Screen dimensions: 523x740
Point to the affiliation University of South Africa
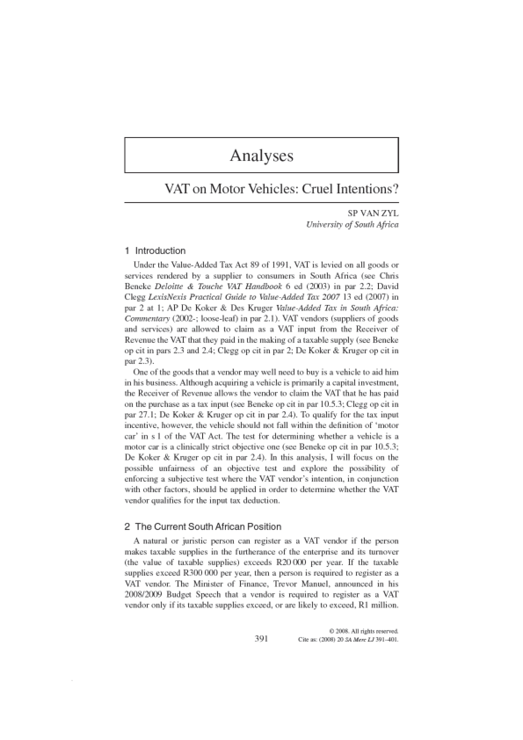coord(352,225)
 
